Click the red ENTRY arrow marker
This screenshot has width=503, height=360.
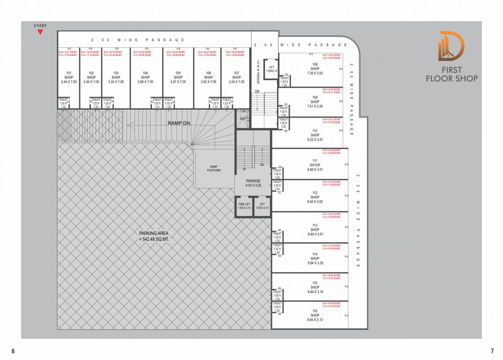40,32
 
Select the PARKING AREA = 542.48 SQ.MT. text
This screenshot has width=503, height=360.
154,236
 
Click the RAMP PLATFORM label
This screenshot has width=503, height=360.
213,168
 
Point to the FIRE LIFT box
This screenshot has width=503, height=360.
244,206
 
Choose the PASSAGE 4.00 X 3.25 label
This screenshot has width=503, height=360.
253,183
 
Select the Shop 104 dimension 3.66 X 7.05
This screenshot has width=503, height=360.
145,82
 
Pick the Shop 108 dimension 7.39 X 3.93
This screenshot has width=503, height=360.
315,73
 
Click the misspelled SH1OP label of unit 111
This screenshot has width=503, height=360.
315,165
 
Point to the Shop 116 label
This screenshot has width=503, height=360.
315,315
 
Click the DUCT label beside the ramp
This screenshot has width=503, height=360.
242,119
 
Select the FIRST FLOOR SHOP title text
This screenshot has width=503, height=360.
451,74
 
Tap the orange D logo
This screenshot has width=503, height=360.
451,46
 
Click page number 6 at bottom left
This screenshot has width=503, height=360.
13,351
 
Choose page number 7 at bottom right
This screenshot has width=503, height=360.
492,351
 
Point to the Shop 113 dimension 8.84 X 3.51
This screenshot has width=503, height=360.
315,234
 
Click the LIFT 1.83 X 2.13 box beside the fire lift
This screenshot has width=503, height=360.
262,206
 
